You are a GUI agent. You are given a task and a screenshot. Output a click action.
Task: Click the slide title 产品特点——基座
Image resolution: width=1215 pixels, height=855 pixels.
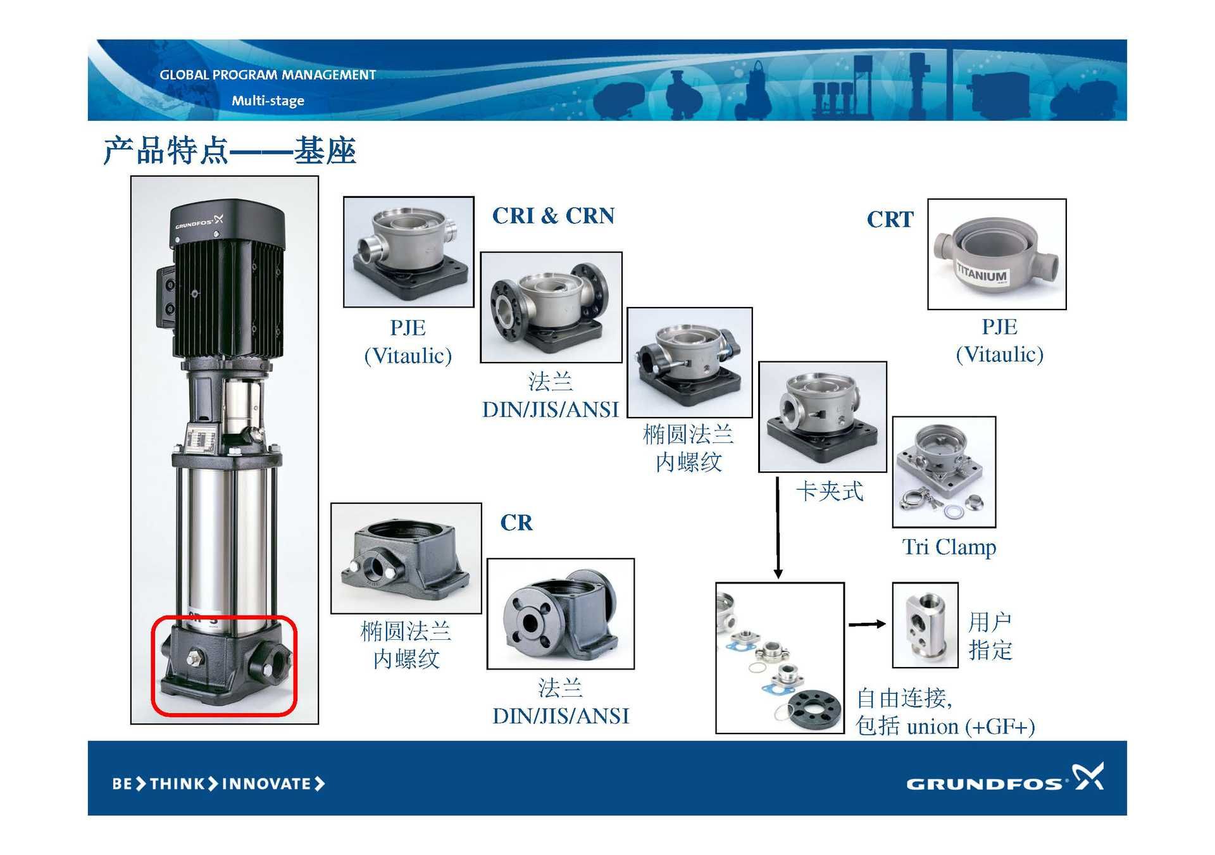(x=230, y=151)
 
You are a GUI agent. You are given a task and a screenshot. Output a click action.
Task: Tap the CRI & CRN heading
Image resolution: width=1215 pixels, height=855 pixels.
(x=553, y=216)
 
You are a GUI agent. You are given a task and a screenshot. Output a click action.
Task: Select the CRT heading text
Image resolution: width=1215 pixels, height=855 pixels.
(x=890, y=220)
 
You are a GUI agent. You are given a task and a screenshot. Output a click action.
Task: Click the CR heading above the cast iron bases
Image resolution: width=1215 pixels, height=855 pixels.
(x=516, y=523)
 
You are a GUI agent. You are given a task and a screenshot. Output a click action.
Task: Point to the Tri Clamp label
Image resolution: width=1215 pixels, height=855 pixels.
(x=949, y=547)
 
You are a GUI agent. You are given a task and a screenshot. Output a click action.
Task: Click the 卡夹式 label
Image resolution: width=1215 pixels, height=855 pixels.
(x=829, y=491)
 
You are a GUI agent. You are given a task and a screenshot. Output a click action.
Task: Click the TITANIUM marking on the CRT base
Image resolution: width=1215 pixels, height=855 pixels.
(x=981, y=275)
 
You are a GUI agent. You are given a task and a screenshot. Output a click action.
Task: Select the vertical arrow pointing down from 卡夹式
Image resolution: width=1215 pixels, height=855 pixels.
(x=778, y=528)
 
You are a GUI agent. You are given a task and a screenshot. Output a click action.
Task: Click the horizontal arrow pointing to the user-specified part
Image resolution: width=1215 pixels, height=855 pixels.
(x=867, y=625)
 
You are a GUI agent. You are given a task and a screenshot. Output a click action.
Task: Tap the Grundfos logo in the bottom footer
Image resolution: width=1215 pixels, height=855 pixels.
(x=1005, y=778)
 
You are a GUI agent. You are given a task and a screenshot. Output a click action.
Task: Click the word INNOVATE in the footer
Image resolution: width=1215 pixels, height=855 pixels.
(x=266, y=784)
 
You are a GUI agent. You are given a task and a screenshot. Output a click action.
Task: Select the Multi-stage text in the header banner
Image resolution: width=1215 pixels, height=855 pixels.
(x=268, y=101)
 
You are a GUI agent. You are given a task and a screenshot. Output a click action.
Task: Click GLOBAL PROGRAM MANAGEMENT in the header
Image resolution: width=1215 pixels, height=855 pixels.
(x=268, y=75)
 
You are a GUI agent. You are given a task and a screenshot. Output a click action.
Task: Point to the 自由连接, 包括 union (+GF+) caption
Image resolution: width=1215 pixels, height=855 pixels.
(x=945, y=712)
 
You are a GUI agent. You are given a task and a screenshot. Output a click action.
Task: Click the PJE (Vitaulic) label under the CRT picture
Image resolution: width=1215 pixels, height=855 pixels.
(x=999, y=340)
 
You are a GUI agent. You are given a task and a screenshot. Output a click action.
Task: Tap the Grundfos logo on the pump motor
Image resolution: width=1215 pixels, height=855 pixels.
(x=199, y=222)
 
